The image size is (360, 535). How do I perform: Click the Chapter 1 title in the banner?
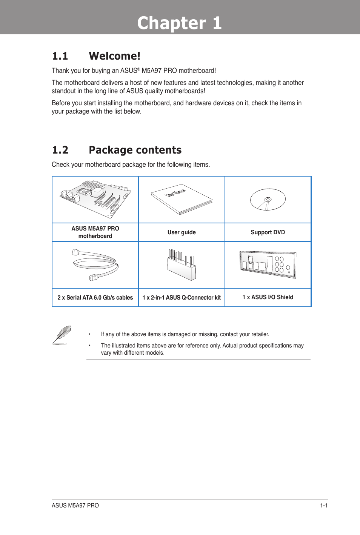[x=179, y=23]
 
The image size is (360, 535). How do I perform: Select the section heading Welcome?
[x=114, y=56]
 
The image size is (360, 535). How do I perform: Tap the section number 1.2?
[x=60, y=150]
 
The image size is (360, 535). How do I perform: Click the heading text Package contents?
[x=135, y=150]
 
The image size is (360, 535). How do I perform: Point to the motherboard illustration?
[x=95, y=199]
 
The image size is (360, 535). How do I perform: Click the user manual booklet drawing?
[x=182, y=200]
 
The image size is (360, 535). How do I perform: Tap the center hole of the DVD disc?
[x=268, y=199]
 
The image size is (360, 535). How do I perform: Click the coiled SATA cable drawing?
[x=95, y=264]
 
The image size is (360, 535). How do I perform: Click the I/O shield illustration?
[x=268, y=264]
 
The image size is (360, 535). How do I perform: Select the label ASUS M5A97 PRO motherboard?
[x=95, y=232]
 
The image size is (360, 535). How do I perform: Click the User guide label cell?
[x=182, y=232]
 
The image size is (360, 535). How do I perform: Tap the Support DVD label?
[x=268, y=232]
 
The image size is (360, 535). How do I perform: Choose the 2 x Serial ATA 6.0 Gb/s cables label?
[x=95, y=298]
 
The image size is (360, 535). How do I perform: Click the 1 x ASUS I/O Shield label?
[x=268, y=297]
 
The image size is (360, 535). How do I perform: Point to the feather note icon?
[x=62, y=335]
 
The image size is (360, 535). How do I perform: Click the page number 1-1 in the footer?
[x=324, y=506]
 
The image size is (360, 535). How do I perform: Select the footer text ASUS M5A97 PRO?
[x=75, y=506]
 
